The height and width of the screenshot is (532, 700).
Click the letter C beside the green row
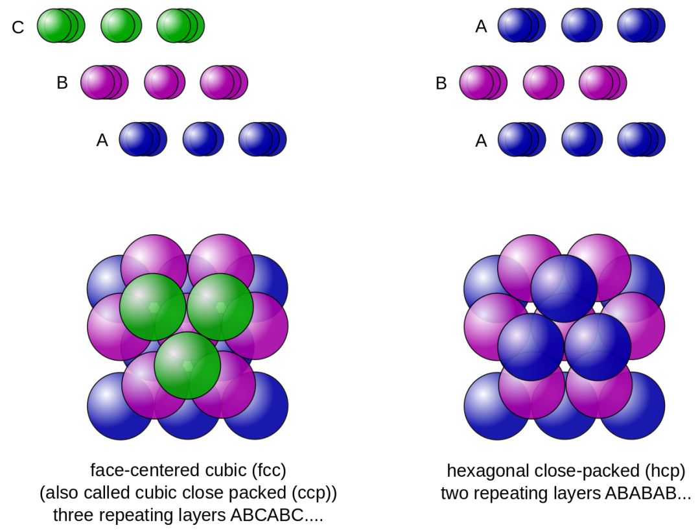pos(18,27)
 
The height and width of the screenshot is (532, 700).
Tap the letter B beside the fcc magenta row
pos(62,83)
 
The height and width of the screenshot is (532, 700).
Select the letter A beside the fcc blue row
pos(102,140)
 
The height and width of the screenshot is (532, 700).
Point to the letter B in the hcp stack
pos(441,83)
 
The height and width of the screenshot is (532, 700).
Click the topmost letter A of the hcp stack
pos(481,27)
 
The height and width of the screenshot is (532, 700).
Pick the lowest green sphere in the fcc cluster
pos(187,365)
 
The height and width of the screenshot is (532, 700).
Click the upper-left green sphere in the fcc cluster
pos(153,306)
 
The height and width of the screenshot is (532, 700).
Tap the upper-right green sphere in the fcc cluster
pos(220,306)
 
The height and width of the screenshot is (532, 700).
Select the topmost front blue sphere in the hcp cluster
pos(564,288)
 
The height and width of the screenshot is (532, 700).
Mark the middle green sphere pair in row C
pos(121,25)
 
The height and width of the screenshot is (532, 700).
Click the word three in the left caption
pos(73,517)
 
